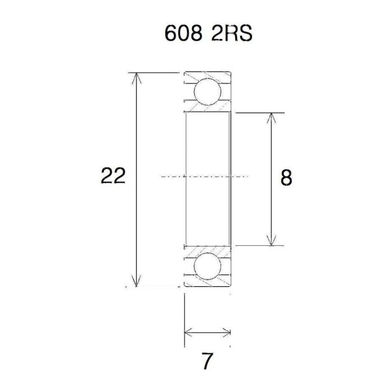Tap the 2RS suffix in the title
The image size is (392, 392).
pyautogui.click(x=232, y=34)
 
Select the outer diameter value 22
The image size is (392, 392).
pyautogui.click(x=113, y=177)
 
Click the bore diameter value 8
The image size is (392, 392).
pyautogui.click(x=286, y=178)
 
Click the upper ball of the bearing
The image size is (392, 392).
pyautogui.click(x=206, y=91)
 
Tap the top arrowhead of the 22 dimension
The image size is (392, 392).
pyautogui.click(x=134, y=78)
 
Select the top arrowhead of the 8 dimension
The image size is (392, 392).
pyautogui.click(x=272, y=118)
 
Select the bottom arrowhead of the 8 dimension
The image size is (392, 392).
pyautogui.click(x=272, y=240)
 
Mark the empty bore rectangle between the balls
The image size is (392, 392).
pyautogui.click(x=207, y=146)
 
